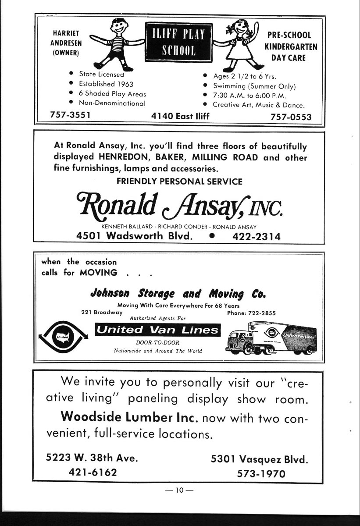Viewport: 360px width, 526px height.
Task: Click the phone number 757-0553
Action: (291, 117)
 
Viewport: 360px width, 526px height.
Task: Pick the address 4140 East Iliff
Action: (180, 116)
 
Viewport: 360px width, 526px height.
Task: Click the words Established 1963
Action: (106, 84)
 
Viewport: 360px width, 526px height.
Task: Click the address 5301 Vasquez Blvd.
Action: (260, 459)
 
